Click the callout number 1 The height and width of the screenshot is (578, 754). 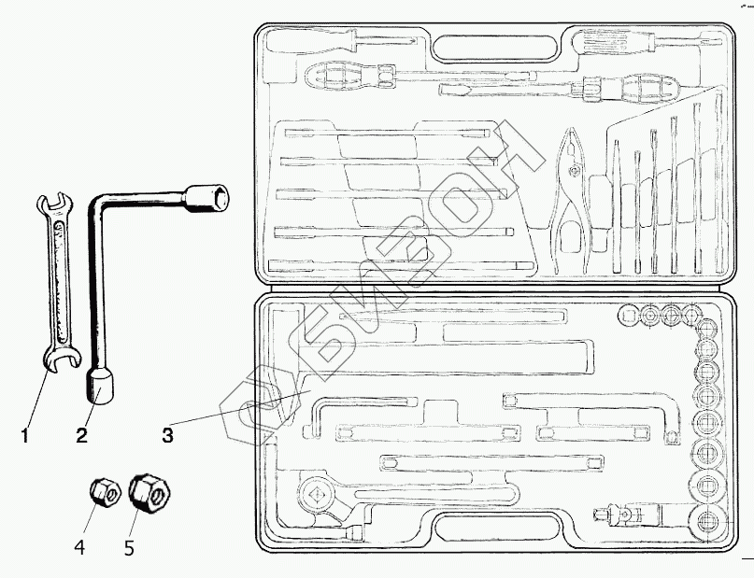[26, 434]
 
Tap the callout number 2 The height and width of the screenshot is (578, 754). [82, 434]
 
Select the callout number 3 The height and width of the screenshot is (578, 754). [167, 434]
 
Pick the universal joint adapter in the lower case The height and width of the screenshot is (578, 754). [627, 513]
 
